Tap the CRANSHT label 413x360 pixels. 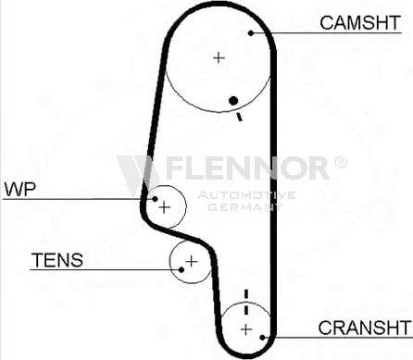point(363,328)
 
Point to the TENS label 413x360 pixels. point(57,260)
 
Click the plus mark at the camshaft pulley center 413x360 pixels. point(219,57)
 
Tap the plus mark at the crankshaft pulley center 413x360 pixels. point(246,329)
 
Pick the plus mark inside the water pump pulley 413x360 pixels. point(165,207)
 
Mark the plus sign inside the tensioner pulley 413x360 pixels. point(192,262)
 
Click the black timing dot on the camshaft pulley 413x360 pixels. point(235,100)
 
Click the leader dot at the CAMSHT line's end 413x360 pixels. point(252,32)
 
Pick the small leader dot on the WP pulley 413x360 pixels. point(151,197)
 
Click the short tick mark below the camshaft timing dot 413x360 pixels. point(239,116)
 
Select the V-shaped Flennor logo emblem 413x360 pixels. point(137,170)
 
